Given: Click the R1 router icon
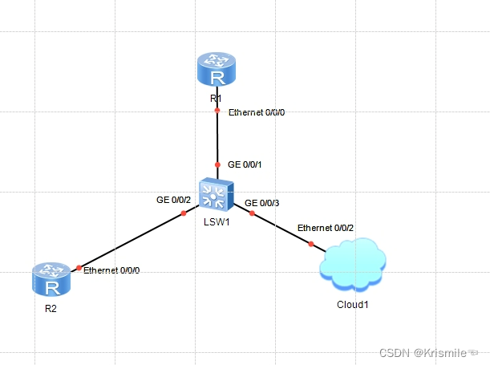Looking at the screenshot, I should pos(217,70).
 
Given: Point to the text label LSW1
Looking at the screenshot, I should pos(217,222).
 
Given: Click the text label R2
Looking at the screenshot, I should pos(51,307).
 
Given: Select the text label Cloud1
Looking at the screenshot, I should pos(353,304).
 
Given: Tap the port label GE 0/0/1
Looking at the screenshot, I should pos(245,164).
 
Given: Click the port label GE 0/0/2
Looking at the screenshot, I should pos(173,199).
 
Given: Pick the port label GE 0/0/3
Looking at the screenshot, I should pos(261,203).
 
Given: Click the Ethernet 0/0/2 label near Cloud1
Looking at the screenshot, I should pos(326,229).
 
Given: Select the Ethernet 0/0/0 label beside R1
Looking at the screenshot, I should pos(257,112).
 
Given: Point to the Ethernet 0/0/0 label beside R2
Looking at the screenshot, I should pos(111,270).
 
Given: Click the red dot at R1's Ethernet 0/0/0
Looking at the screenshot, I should pos(217,112).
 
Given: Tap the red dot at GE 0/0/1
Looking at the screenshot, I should pos(217,164).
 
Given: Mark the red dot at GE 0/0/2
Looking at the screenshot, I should pos(184,213).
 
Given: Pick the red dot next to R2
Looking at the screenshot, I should pos(79,267).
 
